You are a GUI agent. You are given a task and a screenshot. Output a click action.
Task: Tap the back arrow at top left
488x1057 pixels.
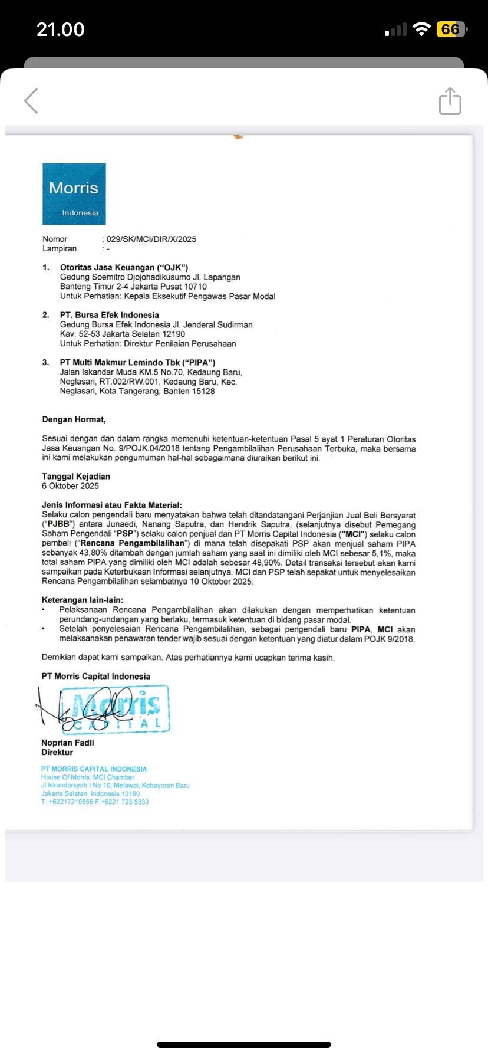[31, 101]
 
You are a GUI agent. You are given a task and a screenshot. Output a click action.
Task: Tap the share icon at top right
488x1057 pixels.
[450, 101]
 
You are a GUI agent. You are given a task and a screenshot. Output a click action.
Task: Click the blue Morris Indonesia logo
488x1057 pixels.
[74, 194]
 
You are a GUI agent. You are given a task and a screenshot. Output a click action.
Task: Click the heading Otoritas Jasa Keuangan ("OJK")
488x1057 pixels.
[124, 267]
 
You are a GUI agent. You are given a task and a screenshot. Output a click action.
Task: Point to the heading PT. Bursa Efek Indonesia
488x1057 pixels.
[109, 315]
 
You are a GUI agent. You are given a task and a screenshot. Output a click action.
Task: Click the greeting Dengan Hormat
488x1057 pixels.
[74, 419]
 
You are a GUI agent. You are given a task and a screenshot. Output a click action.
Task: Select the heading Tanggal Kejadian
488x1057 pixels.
[76, 476]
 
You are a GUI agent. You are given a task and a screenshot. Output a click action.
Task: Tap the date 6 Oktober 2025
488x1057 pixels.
[70, 486]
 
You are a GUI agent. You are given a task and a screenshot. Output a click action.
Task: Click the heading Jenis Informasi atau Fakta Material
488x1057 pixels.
[112, 505]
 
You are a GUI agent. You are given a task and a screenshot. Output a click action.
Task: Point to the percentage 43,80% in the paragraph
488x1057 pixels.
[85, 553]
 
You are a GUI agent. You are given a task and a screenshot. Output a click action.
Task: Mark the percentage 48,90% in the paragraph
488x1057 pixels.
[266, 563]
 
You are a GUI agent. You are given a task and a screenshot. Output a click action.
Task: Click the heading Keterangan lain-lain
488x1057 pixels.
[83, 600]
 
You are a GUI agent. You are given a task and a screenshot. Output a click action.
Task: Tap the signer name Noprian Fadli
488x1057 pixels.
[68, 743]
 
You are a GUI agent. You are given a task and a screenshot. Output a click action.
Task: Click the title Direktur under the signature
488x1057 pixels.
[57, 752]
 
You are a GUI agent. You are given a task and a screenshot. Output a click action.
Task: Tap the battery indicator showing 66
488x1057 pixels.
[451, 29]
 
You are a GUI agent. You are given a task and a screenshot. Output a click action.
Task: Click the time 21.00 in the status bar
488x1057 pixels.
[61, 29]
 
